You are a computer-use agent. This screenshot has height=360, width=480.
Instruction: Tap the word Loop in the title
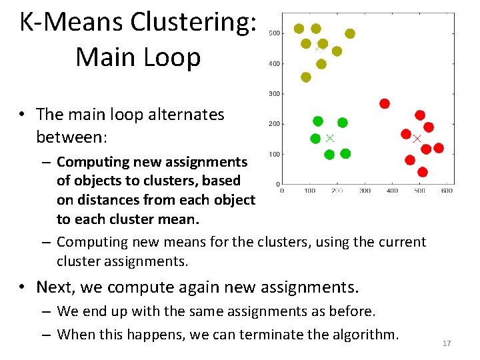pyautogui.click(x=171, y=57)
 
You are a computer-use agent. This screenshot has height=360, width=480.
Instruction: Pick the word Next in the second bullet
pyautogui.click(x=55, y=287)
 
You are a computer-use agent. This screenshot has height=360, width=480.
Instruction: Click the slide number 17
pyautogui.click(x=447, y=343)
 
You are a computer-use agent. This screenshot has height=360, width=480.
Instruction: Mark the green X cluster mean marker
pyautogui.click(x=329, y=138)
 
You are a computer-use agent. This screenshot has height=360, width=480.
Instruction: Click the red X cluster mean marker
pyautogui.click(x=417, y=139)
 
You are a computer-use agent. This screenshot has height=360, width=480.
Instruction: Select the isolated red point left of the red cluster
pyautogui.click(x=385, y=103)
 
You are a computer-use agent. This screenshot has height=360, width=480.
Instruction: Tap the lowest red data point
pyautogui.click(x=422, y=172)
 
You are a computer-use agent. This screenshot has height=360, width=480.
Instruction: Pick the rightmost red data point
pyautogui.click(x=439, y=148)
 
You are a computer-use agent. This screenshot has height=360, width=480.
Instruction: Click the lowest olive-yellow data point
pyautogui.click(x=306, y=77)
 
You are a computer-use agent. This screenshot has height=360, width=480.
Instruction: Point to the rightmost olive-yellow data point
pyautogui.click(x=350, y=33)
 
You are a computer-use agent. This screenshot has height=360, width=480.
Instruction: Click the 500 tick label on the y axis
pyautogui.click(x=274, y=33)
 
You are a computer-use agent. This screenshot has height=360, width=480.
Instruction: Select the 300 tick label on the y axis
pyautogui.click(x=274, y=94)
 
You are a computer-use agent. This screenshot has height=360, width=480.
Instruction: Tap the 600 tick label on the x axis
pyautogui.click(x=447, y=191)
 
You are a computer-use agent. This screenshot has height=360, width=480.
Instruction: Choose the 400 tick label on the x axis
pyautogui.click(x=392, y=191)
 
